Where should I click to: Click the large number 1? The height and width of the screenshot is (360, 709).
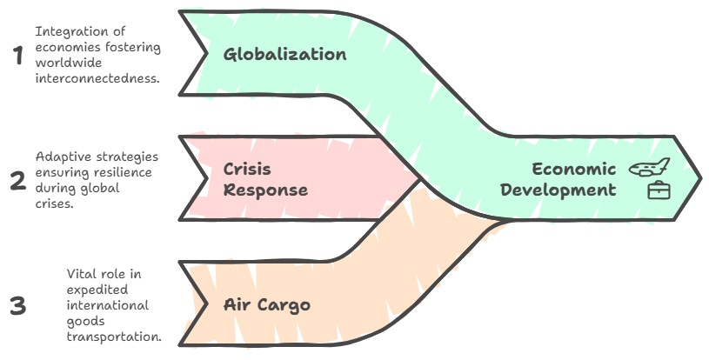click(17, 56)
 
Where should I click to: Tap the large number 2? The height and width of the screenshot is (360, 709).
click(17, 181)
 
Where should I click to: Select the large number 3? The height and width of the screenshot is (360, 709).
click(17, 306)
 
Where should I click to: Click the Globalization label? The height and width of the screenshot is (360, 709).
click(284, 55)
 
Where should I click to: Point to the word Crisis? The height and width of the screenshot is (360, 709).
click(247, 169)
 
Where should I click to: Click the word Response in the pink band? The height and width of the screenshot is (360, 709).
click(264, 190)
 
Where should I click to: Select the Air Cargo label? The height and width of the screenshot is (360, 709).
click(266, 305)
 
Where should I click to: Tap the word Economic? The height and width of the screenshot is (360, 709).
click(573, 169)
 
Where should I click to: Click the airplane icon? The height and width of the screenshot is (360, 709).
click(649, 167)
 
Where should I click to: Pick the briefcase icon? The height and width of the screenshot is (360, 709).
click(659, 190)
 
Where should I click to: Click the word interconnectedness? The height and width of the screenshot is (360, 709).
click(97, 79)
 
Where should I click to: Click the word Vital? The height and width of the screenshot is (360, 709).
click(80, 274)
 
